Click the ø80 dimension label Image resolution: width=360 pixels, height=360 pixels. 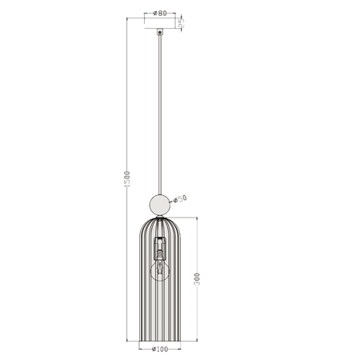[x=160, y=14]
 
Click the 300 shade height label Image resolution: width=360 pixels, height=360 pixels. [x=197, y=278]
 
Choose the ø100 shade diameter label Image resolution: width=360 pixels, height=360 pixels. [x=159, y=349]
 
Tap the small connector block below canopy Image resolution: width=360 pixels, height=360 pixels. [x=160, y=33]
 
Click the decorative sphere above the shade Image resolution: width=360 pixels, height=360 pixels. [x=160, y=205]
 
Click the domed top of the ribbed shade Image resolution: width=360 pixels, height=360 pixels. [x=160, y=224]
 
